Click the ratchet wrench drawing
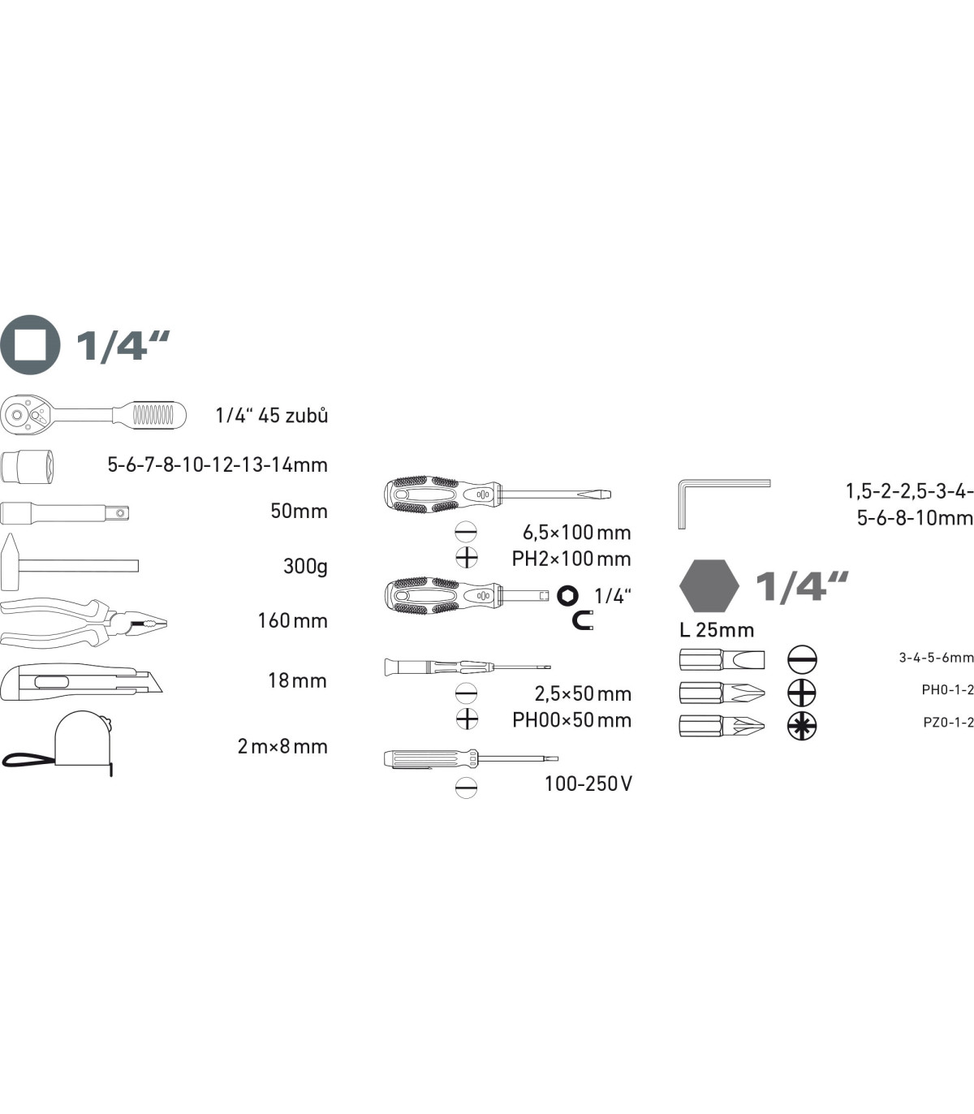pos(93,416)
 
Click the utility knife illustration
pos(81,682)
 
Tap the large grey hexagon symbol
pos(709,586)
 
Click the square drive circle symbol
pos(30,344)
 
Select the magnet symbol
pos(582,621)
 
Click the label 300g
pos(305,567)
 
